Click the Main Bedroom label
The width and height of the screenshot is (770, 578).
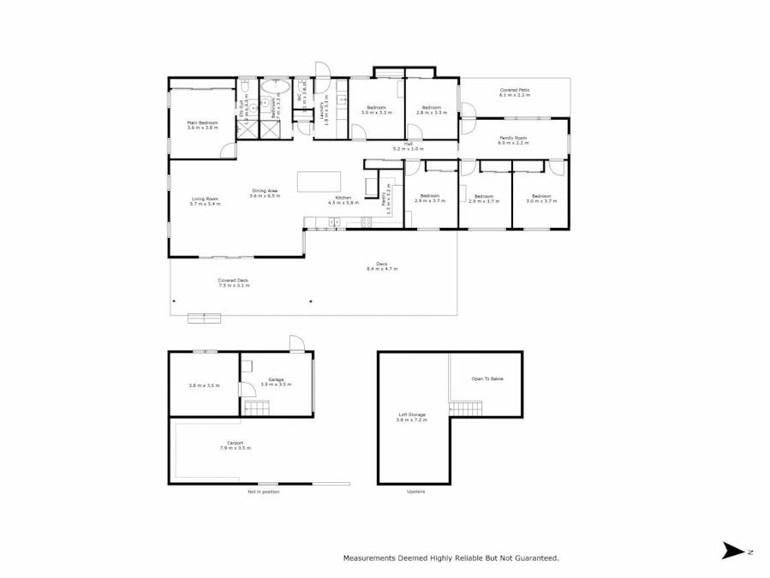203,122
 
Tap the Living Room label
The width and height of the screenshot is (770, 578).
205,199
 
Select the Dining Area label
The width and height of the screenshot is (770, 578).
264,191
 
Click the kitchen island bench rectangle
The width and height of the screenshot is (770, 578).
319,182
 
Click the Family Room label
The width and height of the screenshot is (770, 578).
514,138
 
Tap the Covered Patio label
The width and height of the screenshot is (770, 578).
516,90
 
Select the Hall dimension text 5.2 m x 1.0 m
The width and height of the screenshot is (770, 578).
409,149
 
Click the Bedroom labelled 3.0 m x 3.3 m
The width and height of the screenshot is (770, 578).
376,108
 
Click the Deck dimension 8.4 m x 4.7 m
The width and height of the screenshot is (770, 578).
381,269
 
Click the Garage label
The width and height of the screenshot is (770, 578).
276,379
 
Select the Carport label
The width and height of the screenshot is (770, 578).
235,443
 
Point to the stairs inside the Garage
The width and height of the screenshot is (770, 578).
257,408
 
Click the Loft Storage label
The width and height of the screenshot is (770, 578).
411,414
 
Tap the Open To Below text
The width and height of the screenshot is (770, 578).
487,378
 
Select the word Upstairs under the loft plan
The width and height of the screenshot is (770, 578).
415,492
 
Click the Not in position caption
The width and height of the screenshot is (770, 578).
264,492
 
